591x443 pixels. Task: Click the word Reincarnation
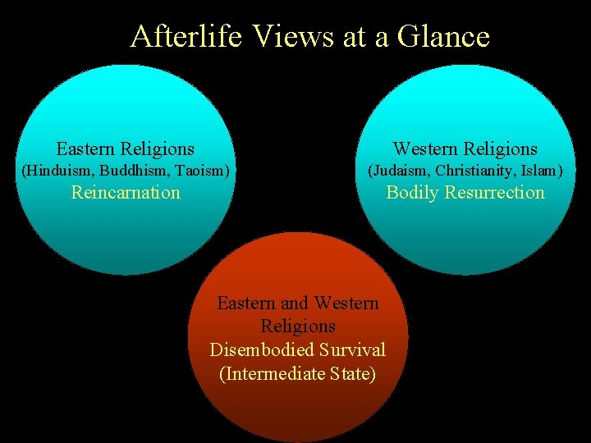point(126,193)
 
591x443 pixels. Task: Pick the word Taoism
point(199,171)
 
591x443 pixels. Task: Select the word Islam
point(543,171)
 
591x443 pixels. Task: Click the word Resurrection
point(496,193)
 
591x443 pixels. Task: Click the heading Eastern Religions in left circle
point(126,148)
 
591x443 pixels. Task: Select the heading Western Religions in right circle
point(465,148)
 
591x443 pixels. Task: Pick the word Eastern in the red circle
point(245,303)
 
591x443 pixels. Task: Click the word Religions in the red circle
point(297,327)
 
